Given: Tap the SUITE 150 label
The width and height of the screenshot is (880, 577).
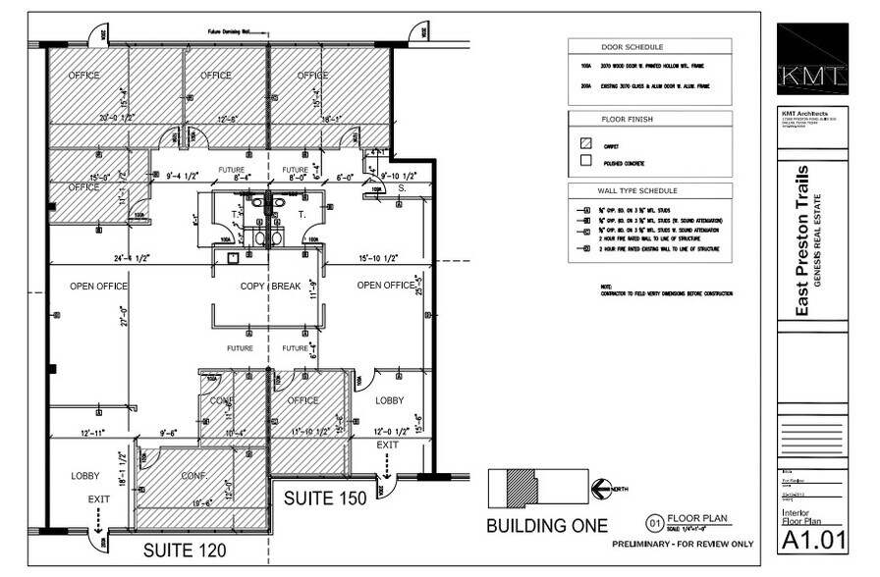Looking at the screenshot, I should pos(325,498).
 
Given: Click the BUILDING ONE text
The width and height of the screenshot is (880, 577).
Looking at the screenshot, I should pos(546,526).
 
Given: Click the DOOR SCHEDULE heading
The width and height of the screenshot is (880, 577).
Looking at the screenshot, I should pos(632,47).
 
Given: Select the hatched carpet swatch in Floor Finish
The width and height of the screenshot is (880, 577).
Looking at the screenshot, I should pos(586,141).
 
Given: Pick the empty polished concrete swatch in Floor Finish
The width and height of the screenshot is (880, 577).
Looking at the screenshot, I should pos(586,159).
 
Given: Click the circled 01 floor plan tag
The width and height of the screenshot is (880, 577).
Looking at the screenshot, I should pos(654,522).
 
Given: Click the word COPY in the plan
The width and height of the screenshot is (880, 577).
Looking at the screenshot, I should pos(255,286).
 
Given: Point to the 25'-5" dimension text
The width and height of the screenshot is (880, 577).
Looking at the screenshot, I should pos(418,286).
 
